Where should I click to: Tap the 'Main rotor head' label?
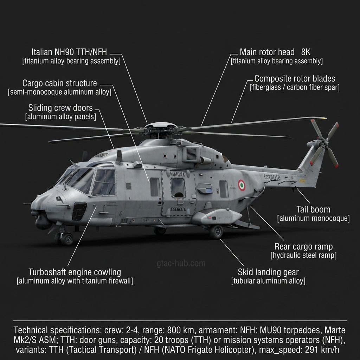[x=267, y=52]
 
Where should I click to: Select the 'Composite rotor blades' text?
[x=295, y=78]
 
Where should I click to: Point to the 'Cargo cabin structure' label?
[x=59, y=83]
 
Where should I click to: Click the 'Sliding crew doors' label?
[x=60, y=108]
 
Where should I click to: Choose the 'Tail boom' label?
[x=313, y=210]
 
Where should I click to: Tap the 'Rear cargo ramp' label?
[x=303, y=246]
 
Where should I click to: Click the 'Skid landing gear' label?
[x=268, y=272]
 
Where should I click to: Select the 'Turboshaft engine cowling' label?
[x=75, y=272]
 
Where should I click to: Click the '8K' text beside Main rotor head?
[x=306, y=52]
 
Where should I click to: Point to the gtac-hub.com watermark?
[x=181, y=263]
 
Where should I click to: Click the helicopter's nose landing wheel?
[x=67, y=239]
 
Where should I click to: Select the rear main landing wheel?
[x=216, y=232]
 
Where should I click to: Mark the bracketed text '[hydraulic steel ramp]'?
[x=303, y=255]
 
